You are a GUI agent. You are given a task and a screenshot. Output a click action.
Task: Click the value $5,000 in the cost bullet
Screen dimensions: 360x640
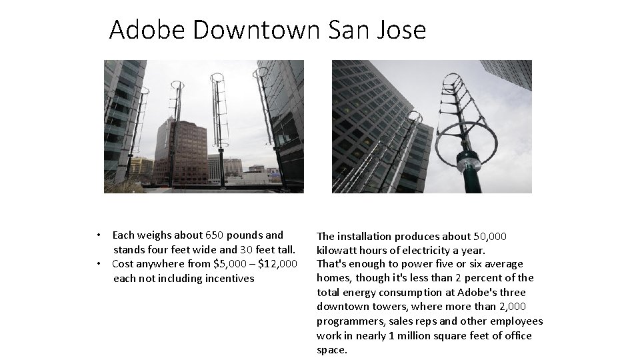point(230,263)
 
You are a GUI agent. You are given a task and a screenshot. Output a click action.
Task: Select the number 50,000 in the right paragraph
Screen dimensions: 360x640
point(490,236)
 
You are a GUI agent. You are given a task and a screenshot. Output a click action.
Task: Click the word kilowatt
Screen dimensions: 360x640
point(339,250)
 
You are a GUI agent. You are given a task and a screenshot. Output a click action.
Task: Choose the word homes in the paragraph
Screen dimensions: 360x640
point(332,278)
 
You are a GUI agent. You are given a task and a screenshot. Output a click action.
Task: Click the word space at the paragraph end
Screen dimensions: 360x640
point(331,350)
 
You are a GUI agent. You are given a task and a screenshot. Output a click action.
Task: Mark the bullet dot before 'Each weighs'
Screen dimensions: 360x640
point(98,235)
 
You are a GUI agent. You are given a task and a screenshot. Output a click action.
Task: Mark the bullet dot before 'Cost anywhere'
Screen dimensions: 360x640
point(98,263)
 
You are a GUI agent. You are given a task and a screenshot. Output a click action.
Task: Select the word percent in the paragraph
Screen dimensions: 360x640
point(479,278)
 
